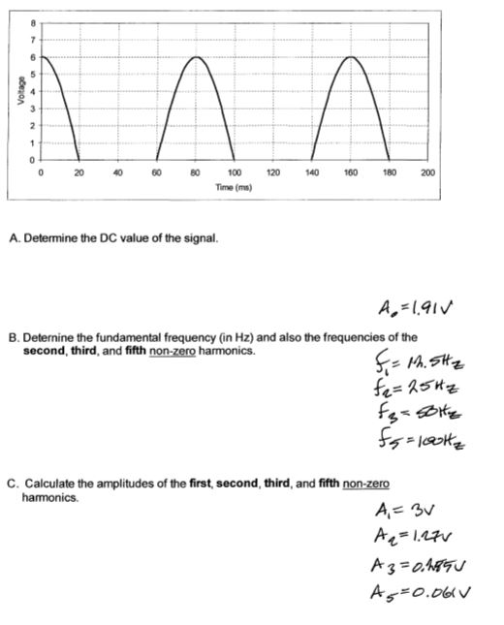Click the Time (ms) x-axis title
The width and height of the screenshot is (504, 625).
[x=234, y=186]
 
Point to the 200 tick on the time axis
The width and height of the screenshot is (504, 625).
[x=428, y=173]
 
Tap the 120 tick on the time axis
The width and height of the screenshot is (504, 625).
[x=272, y=173]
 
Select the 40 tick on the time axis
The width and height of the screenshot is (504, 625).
[x=117, y=173]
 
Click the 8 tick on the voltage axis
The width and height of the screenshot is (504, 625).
[x=31, y=22]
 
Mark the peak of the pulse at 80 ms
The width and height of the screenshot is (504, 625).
[x=195, y=57]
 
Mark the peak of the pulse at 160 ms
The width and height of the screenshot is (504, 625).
[x=350, y=57]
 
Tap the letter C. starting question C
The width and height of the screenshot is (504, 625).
[x=13, y=483]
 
